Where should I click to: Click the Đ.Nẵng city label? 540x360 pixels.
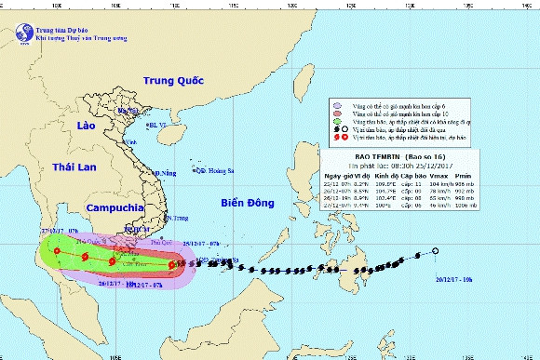click(166, 173)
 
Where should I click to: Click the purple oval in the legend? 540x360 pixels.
click(337, 107)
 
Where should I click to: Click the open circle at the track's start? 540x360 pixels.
click(435, 252)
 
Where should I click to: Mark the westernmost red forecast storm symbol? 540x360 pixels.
click(57, 251)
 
